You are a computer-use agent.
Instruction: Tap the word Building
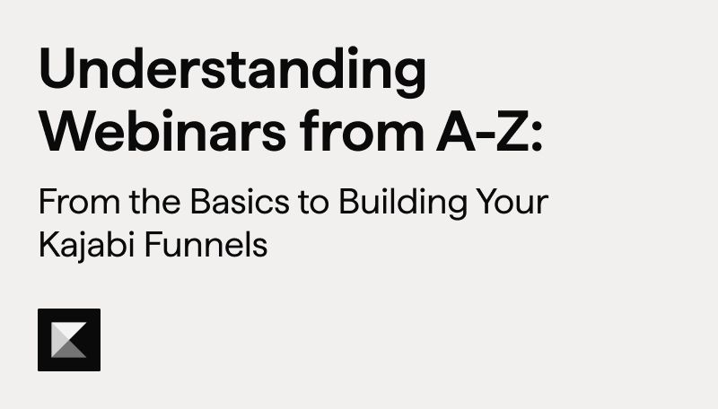pos(402,204)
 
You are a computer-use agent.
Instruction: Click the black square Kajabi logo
pos(69,340)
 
